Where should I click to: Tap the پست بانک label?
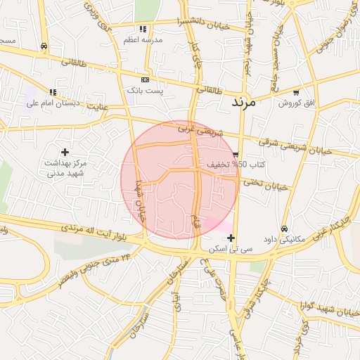pos(145,91)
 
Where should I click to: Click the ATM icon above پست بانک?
pos(146,79)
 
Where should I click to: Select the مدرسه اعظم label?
pos(143,40)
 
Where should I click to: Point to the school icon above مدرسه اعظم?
pos(143,29)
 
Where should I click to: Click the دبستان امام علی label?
pos(53,103)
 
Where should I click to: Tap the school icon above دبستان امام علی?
pos(53,92)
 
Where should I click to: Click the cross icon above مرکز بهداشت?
pos(65,152)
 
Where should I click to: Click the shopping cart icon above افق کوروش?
pos(296,92)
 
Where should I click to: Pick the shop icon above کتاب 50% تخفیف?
pos(236,154)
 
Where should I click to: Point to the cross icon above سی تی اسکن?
pos(231,238)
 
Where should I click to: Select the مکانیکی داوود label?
pos(283,239)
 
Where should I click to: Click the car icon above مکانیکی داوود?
pos(284,228)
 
